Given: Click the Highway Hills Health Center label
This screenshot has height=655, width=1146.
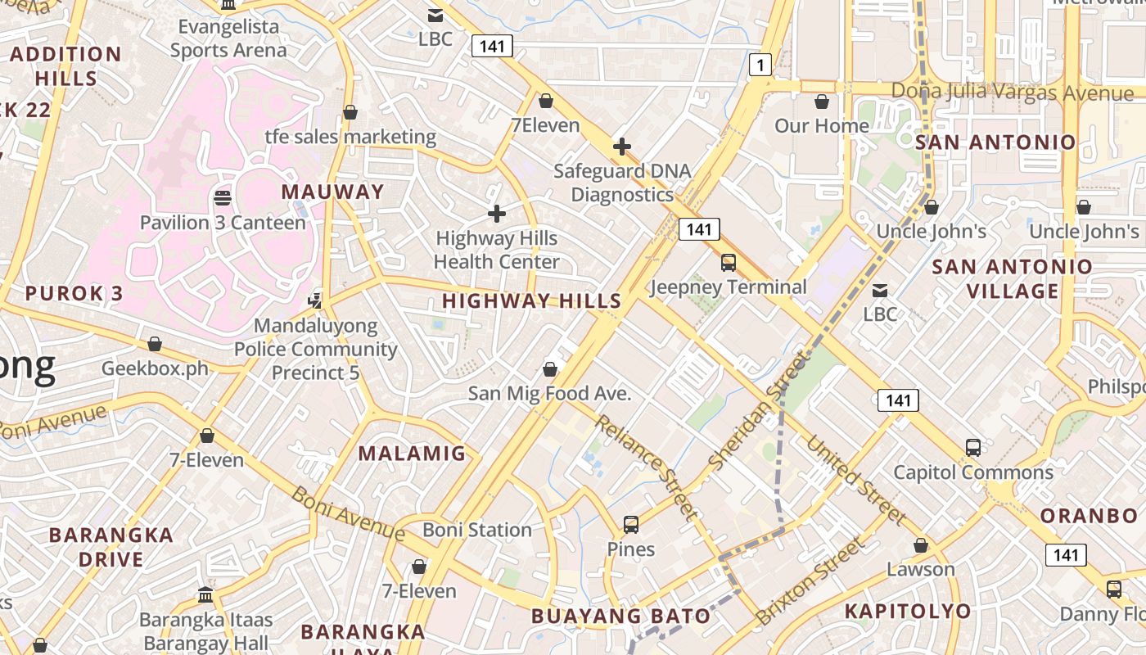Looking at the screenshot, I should [x=496, y=250].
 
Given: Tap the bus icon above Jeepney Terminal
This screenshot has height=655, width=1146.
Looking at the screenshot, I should [x=728, y=263].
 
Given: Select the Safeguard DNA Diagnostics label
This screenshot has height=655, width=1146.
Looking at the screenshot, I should [x=622, y=183].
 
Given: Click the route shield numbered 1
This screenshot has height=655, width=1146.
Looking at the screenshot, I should [x=760, y=65].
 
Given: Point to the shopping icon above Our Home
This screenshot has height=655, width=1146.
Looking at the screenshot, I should [x=822, y=102].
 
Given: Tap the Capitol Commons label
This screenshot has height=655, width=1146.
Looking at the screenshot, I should [x=972, y=472].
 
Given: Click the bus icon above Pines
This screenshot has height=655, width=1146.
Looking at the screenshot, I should [x=630, y=525].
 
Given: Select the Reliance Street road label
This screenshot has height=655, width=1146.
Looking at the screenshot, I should [x=646, y=468].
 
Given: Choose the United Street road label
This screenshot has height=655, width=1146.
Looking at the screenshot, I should [x=856, y=481].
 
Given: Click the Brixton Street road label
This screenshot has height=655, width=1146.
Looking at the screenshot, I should [x=810, y=580].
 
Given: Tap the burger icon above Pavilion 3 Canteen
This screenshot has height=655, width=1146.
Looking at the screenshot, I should [x=222, y=197].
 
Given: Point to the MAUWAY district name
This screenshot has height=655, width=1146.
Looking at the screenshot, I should [x=332, y=192].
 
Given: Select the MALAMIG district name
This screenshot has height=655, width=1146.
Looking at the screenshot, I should [x=412, y=453].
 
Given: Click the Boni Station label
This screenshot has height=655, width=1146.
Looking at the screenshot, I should [x=477, y=530].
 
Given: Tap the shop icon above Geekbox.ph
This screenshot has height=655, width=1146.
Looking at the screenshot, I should [x=154, y=344].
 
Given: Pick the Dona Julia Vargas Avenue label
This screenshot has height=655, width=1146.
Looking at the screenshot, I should [x=1012, y=92].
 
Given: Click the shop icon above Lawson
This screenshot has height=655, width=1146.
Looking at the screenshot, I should [x=921, y=545].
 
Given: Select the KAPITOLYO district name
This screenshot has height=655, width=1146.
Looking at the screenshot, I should [x=907, y=611].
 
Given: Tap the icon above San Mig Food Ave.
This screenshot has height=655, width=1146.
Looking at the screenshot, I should [x=550, y=369].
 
